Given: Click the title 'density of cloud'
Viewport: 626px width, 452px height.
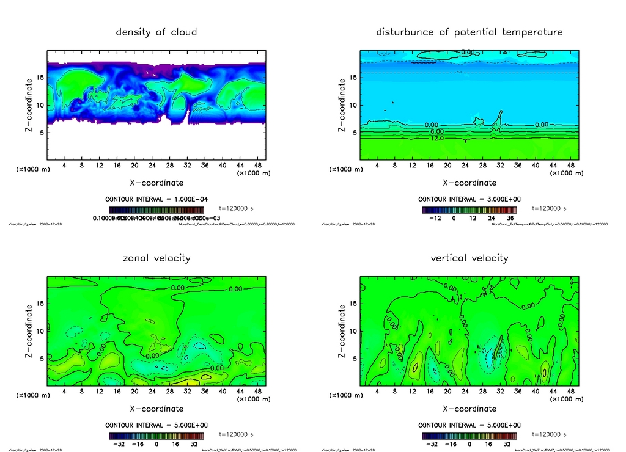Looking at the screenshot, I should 156,32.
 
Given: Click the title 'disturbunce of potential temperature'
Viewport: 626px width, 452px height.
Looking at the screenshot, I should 469,32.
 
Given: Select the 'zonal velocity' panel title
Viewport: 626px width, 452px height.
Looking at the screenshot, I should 156,258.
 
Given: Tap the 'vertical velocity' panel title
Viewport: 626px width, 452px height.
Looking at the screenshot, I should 469,258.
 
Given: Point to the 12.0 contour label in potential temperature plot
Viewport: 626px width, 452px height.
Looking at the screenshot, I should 436,139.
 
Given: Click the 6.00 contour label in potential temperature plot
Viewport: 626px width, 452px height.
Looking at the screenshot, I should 436,131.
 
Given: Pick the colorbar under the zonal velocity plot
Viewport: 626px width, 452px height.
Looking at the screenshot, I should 156,436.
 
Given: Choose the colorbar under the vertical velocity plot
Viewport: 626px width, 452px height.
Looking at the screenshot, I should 469,436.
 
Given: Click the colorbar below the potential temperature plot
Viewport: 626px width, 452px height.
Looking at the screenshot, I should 469,210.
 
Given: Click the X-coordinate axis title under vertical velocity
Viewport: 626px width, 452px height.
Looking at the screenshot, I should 469,409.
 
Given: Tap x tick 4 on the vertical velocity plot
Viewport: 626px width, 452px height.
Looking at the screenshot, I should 377,392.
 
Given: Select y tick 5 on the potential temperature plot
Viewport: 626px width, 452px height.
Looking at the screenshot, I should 353,133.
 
